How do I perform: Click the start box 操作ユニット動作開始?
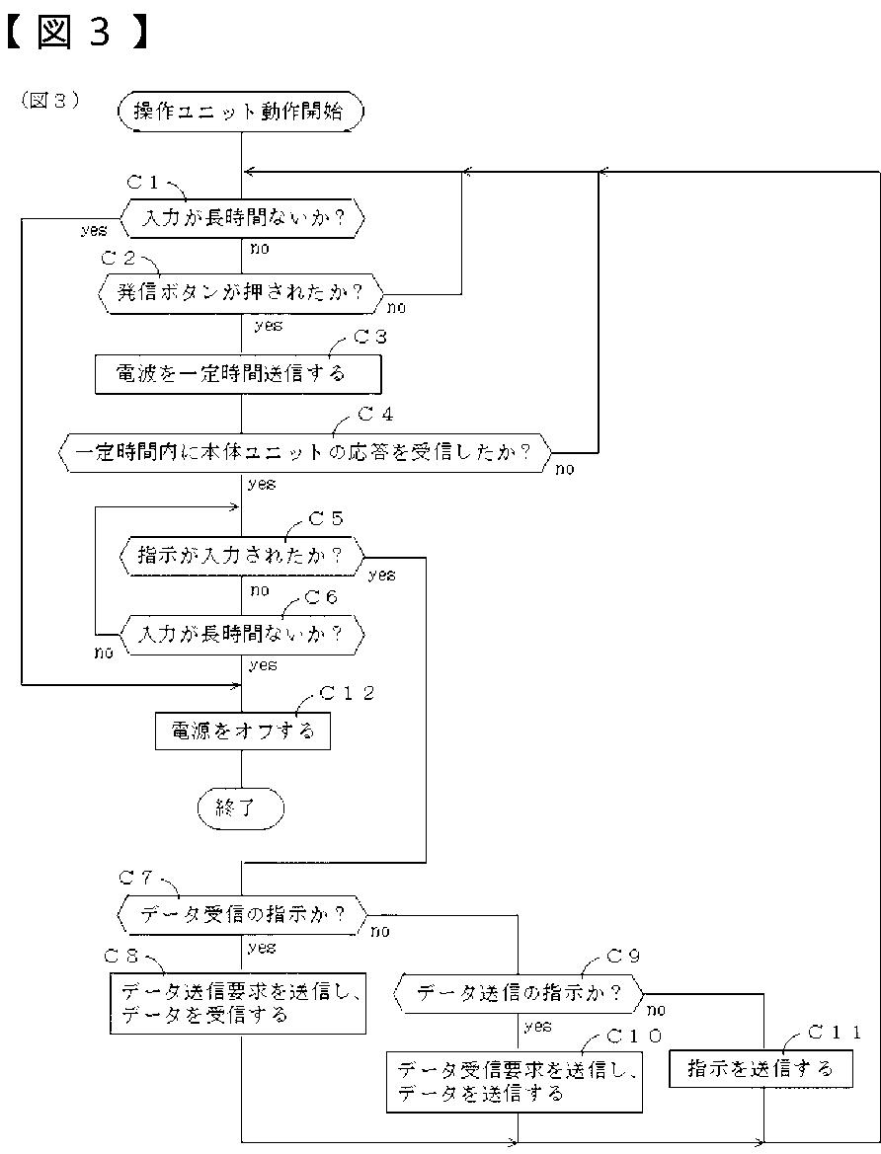pos(241,112)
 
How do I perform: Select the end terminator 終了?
pos(241,808)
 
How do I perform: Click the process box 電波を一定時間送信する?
pos(238,374)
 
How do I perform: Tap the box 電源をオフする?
pos(242,731)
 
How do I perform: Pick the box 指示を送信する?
pos(761,1068)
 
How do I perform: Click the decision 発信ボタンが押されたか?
pos(241,293)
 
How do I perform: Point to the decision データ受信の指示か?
pos(242,914)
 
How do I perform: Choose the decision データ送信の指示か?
pos(519,993)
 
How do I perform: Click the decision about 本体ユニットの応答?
pos(304,451)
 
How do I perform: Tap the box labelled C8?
pos(238,1004)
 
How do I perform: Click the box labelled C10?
pos(515,1082)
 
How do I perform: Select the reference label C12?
pos(347,693)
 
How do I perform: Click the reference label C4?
pos(375,415)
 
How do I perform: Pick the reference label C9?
pos(623,956)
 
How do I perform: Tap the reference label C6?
pos(321,597)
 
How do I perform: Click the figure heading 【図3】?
pos(77,31)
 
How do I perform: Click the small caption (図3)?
pos(50,100)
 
